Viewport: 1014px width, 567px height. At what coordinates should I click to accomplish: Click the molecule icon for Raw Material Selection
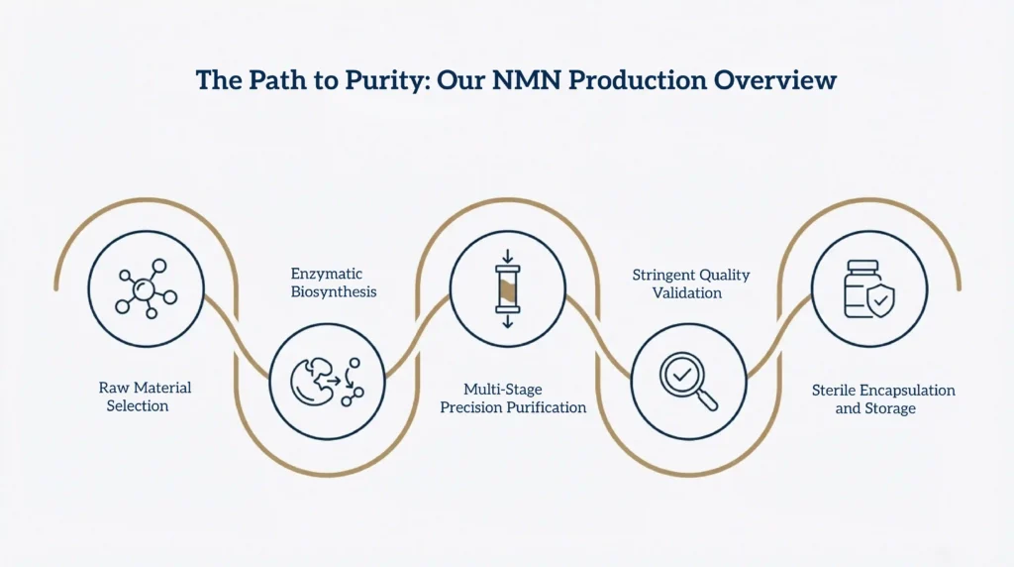click(146, 288)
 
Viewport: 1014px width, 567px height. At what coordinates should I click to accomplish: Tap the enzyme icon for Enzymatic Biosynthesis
click(327, 382)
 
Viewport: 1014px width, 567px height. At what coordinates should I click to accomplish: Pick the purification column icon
click(507, 289)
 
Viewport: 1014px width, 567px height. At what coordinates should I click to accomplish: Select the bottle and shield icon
click(868, 289)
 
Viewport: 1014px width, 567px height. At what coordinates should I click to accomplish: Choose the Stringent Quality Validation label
click(691, 283)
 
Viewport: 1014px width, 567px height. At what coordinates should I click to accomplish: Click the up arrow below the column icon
click(507, 319)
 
